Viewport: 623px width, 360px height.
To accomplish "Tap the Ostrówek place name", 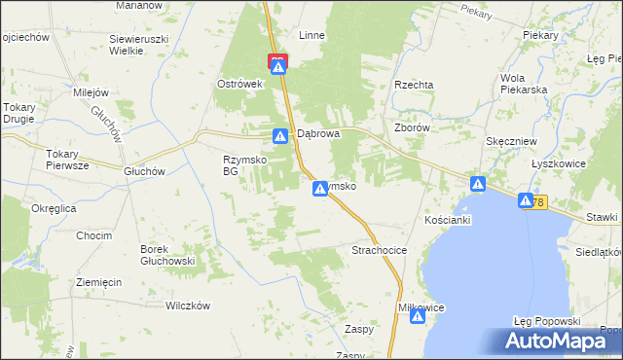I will click(241, 84).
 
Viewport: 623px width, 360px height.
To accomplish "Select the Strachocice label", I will click(379, 250).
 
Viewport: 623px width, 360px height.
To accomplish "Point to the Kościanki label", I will click(448, 221).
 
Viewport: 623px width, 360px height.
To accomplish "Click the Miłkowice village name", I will click(421, 307).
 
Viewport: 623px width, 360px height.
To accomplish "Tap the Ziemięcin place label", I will click(98, 282).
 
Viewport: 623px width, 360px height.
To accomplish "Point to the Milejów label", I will click(95, 93).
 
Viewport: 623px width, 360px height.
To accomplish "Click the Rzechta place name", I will click(414, 85).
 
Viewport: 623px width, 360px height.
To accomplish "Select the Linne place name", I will click(311, 35).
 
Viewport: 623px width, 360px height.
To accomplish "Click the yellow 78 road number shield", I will click(539, 201).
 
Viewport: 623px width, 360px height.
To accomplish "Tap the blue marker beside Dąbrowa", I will click(280, 136).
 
